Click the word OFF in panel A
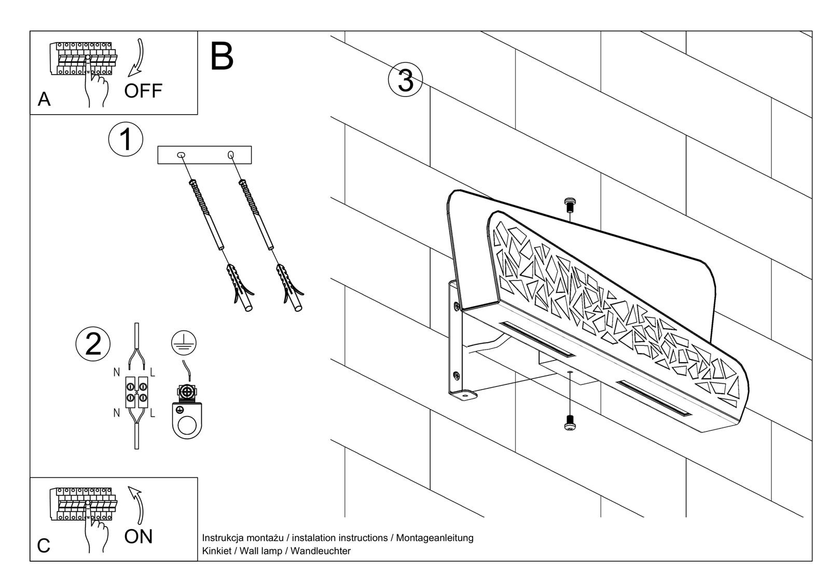[x=143, y=91]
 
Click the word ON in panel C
[x=139, y=536]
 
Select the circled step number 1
[x=126, y=139]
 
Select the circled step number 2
[x=93, y=344]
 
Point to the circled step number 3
[x=406, y=80]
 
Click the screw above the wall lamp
[x=570, y=205]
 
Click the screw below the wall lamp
[x=570, y=423]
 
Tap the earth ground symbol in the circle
[x=184, y=342]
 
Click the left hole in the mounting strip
[x=181, y=155]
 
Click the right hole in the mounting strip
[x=230, y=155]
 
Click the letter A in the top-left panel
[x=44, y=99]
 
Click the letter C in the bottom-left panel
[x=44, y=546]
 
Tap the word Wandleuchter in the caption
[x=321, y=551]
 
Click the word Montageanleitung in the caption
[x=435, y=538]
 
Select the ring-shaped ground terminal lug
[x=186, y=420]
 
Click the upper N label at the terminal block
[x=117, y=372]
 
